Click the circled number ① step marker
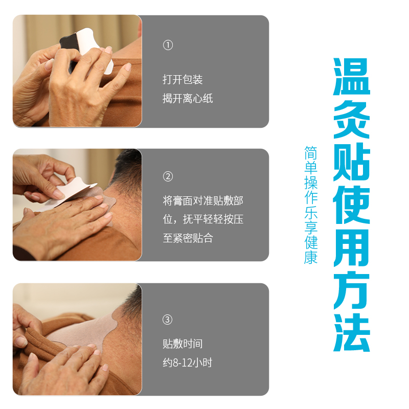tap(168, 45)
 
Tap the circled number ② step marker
tap(168, 176)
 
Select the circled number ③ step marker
tap(168, 320)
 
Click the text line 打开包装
tap(183, 80)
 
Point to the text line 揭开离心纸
tap(188, 99)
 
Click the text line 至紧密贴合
tap(188, 238)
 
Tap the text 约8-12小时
tap(187, 362)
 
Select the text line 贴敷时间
tap(183, 344)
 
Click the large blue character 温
tap(352, 77)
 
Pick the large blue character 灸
tap(352, 120)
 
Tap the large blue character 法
tap(352, 332)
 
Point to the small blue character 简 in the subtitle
tap(311, 153)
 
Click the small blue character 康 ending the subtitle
tap(311, 258)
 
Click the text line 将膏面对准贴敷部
tap(203, 201)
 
